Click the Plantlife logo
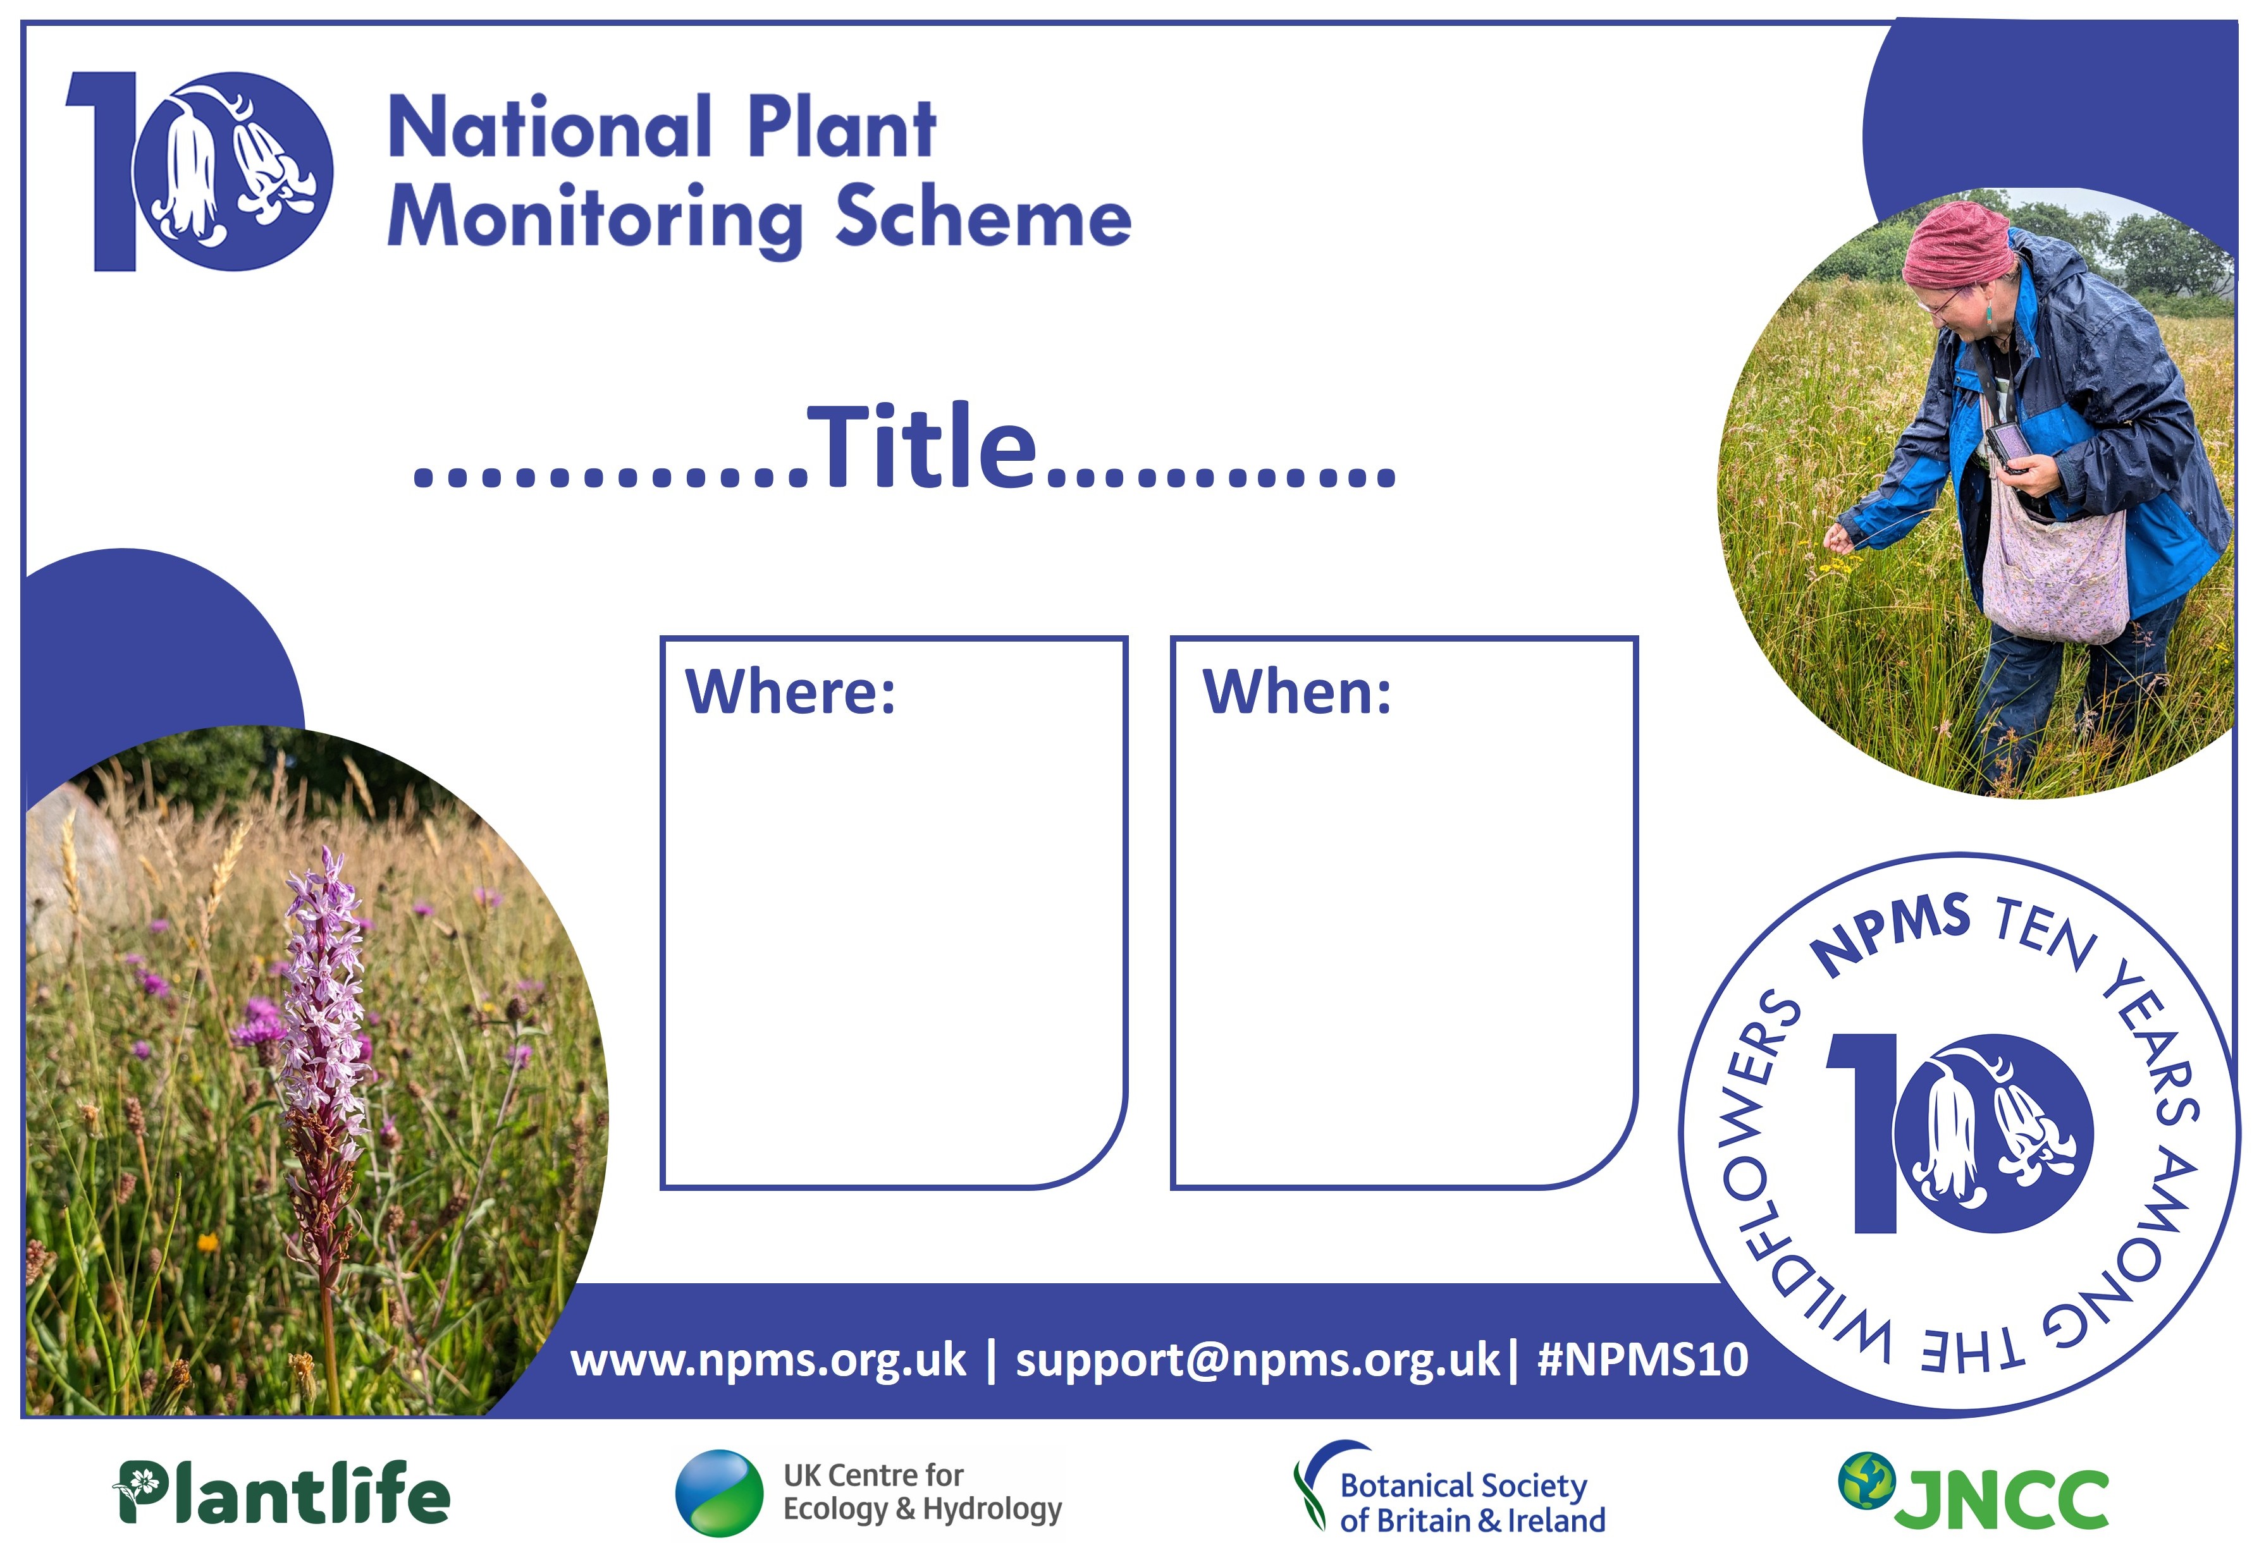pos(282,1492)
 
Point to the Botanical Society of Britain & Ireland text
pos(1472,1502)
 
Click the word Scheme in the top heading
pos(983,216)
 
